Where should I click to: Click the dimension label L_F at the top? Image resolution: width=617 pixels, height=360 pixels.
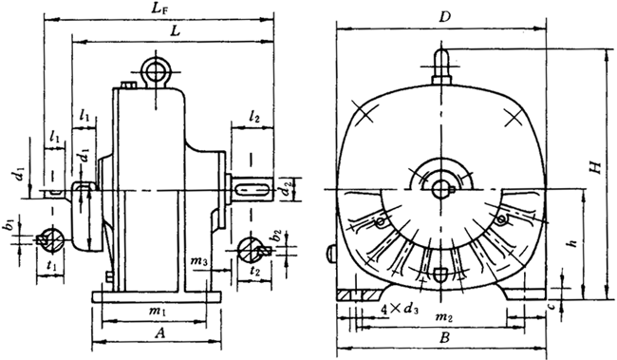click(159, 9)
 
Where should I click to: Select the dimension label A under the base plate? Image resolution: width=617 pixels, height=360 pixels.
click(159, 333)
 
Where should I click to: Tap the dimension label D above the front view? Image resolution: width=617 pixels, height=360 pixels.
click(444, 17)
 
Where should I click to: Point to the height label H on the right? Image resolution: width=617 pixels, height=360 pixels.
click(596, 167)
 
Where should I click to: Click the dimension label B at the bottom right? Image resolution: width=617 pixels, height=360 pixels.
click(444, 337)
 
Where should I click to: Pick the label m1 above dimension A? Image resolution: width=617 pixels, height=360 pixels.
click(157, 312)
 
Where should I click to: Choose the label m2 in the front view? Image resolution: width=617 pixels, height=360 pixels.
click(444, 316)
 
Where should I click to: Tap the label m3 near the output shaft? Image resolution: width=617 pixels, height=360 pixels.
click(198, 261)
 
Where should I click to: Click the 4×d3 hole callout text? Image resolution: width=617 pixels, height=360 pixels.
click(400, 309)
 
